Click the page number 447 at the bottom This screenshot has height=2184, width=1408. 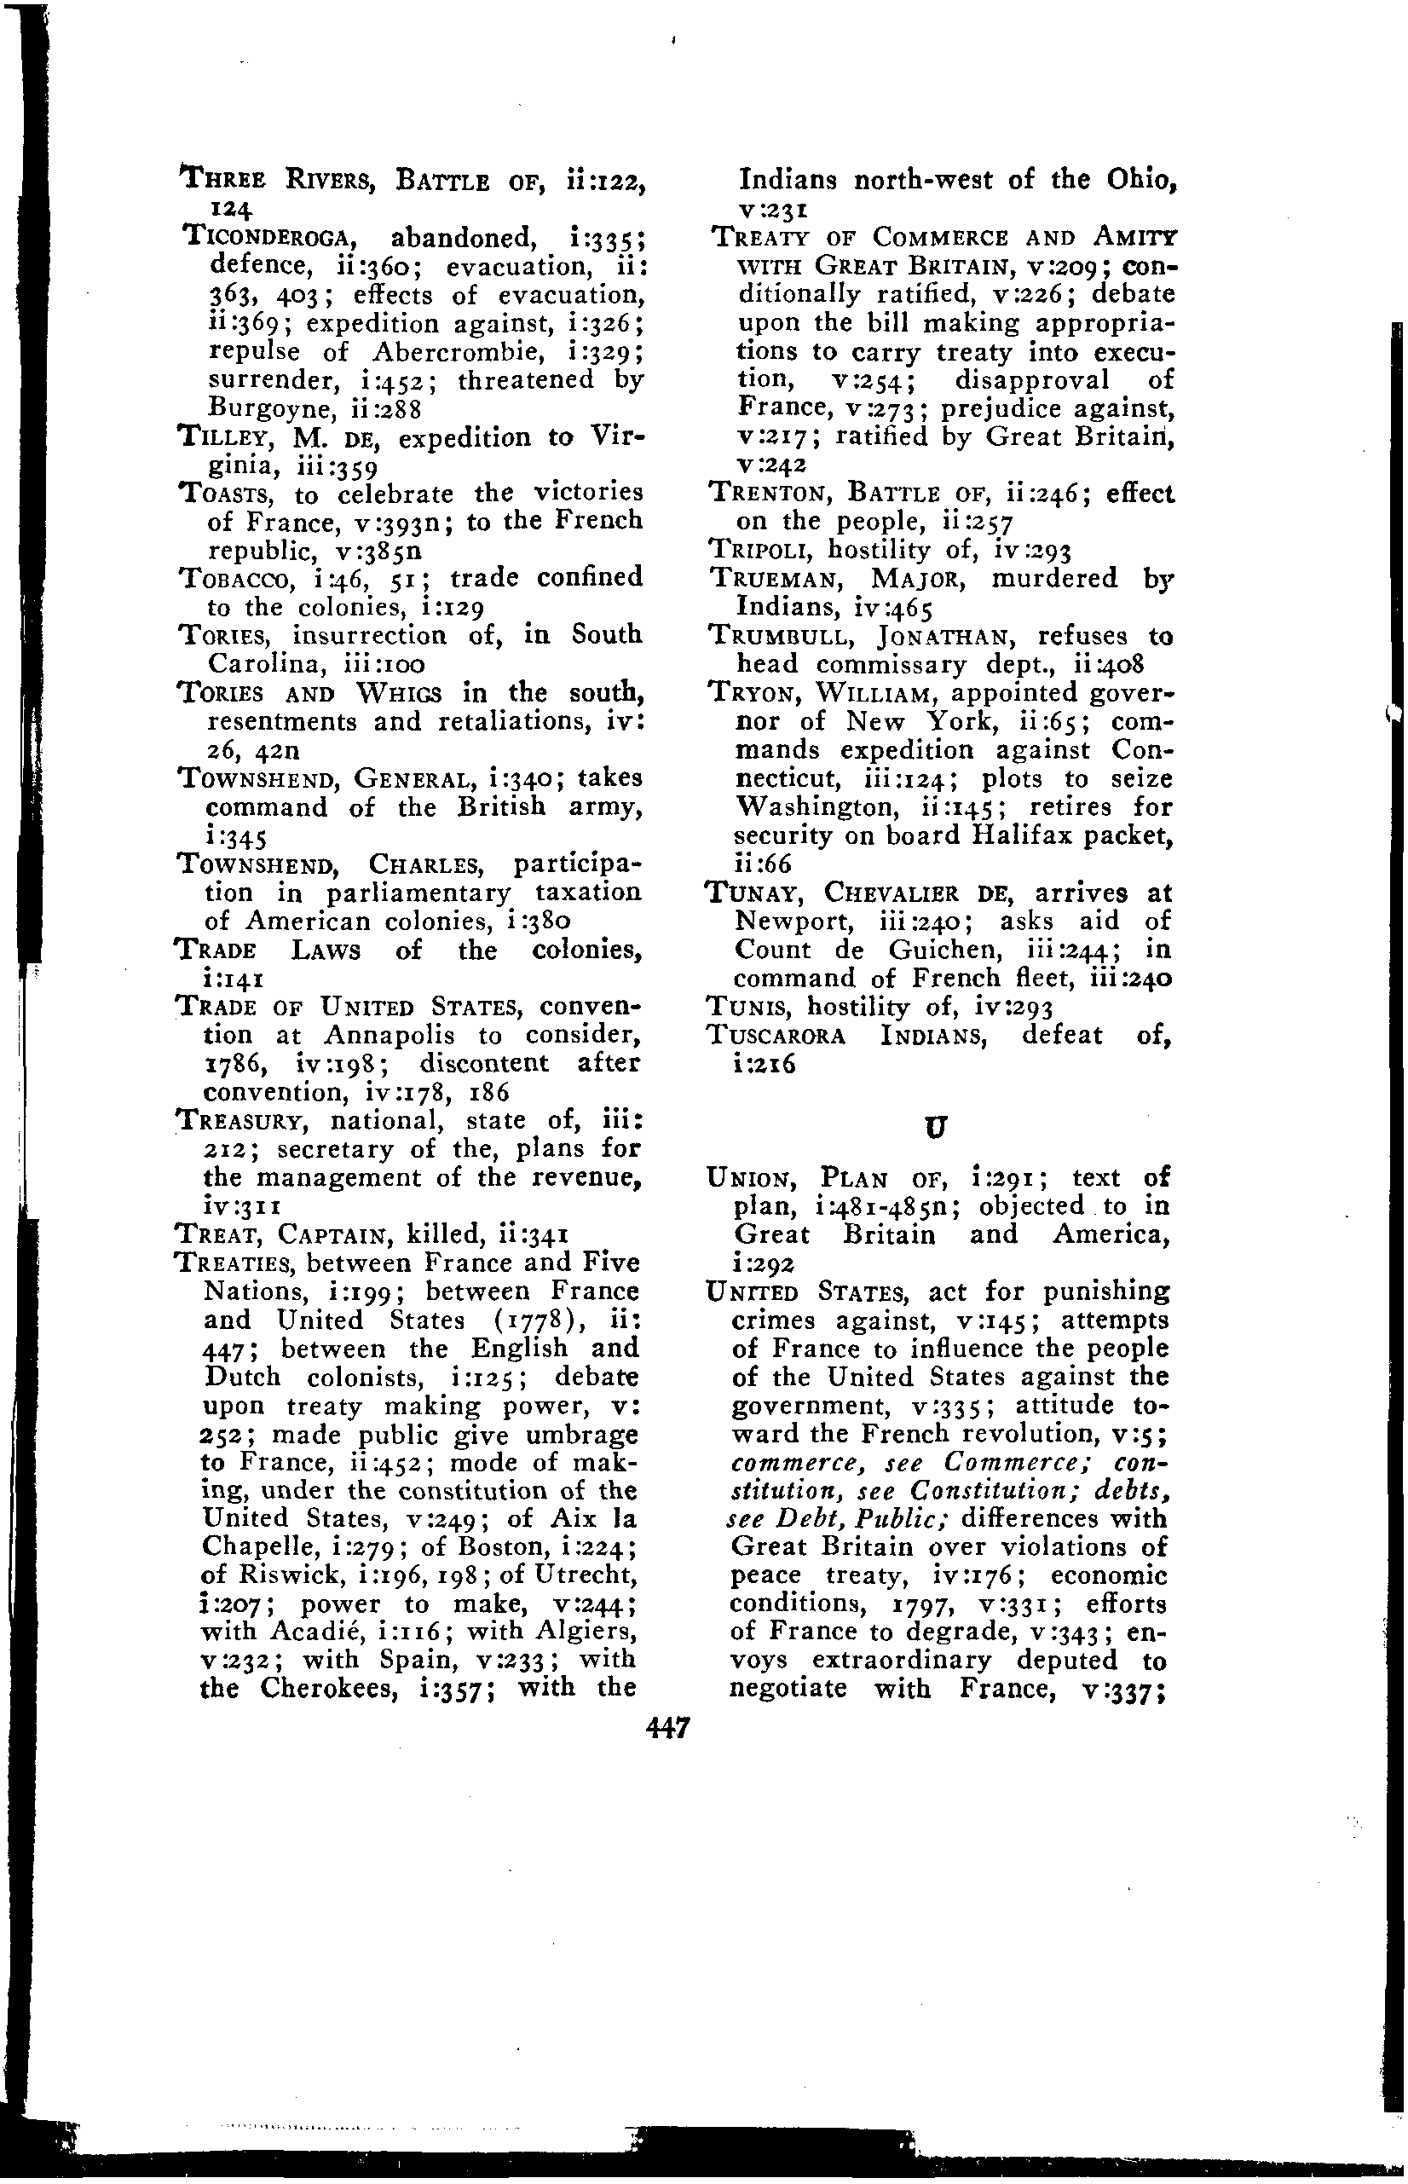(666, 1727)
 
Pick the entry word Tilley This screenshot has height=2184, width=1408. (228, 437)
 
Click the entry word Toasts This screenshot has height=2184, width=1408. (229, 494)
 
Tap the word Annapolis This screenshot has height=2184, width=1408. (378, 1035)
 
